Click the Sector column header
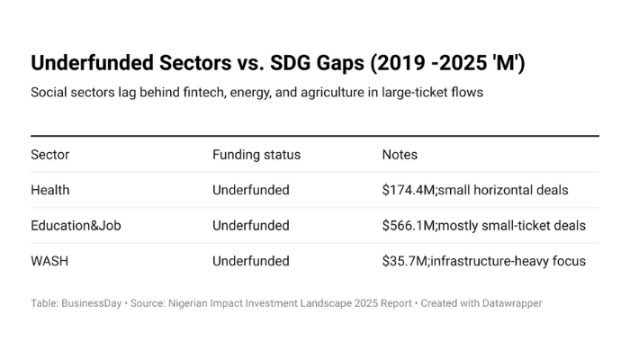(49, 155)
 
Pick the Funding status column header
(256, 155)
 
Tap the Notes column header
(400, 155)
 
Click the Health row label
(49, 190)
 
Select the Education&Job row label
(76, 226)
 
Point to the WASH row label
(49, 261)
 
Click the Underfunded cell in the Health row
(250, 190)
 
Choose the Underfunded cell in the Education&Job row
(250, 226)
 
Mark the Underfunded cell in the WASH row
(250, 261)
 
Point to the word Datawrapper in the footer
(509, 303)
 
